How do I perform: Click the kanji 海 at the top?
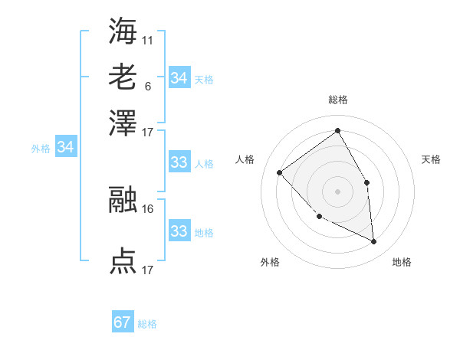pyautogui.click(x=123, y=31)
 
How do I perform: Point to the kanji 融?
pyautogui.click(x=123, y=201)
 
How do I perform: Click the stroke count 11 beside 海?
pyautogui.click(x=148, y=38)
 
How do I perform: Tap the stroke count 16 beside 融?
pyautogui.click(x=148, y=208)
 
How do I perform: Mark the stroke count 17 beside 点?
pyautogui.click(x=148, y=270)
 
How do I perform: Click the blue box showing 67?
pyautogui.click(x=123, y=322)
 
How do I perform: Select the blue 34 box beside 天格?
pyautogui.click(x=179, y=78)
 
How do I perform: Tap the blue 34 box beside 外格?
pyautogui.click(x=65, y=147)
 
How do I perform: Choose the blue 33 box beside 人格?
pyautogui.click(x=179, y=162)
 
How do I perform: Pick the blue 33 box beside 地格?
pyautogui.click(x=179, y=231)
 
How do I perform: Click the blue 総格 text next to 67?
pyautogui.click(x=148, y=324)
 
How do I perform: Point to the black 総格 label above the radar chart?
pyautogui.click(x=338, y=100)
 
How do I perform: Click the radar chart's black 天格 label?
pyautogui.click(x=431, y=159)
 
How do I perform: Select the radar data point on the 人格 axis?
pyautogui.click(x=280, y=173)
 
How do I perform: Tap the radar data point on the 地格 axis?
pyautogui.click(x=373, y=241)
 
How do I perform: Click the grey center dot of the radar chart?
pyautogui.click(x=337, y=190)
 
